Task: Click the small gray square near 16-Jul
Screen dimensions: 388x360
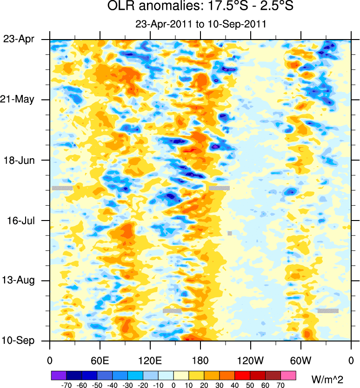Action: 230,233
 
